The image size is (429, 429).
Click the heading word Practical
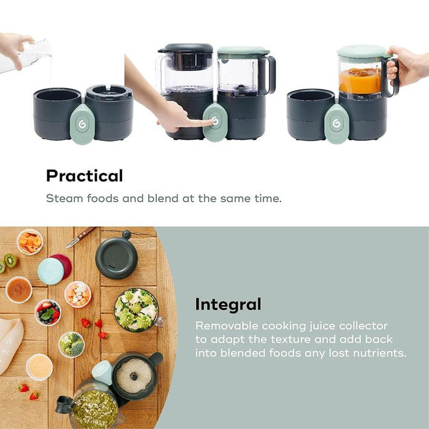84,176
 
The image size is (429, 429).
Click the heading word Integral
228,304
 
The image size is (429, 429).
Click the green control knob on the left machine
82,124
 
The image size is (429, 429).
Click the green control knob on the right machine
336,124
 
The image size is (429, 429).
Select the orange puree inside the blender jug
360,81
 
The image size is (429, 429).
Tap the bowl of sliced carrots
30,241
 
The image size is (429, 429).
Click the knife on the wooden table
81,237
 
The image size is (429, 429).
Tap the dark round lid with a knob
116,257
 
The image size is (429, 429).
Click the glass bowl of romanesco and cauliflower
136,310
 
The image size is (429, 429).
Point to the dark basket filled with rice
134,374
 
